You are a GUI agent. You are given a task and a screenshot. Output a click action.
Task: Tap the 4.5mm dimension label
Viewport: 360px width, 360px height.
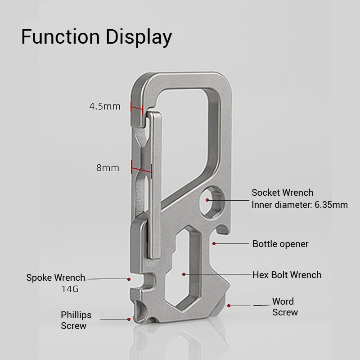click(x=105, y=107)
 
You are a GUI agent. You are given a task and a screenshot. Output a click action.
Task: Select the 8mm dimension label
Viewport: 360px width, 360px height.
click(x=108, y=168)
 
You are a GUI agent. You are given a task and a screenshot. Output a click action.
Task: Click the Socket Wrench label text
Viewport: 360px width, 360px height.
click(x=282, y=193)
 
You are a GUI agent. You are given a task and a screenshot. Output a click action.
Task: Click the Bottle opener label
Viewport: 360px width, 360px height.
click(x=280, y=244)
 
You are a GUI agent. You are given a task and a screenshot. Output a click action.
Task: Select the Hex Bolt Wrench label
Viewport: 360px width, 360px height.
click(x=287, y=274)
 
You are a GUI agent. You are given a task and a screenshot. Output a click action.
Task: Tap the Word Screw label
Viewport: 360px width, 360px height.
click(x=284, y=306)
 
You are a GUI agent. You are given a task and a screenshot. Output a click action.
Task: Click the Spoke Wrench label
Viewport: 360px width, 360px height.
click(x=55, y=278)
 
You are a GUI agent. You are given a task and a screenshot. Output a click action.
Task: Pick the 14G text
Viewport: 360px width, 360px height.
click(x=70, y=289)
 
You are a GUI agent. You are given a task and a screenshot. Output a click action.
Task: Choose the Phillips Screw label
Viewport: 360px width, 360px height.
click(x=76, y=320)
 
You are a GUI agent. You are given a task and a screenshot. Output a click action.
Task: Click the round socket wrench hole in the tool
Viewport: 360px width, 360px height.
click(x=210, y=199)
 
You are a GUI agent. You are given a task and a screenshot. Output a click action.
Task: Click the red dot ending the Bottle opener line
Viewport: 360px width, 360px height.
click(x=215, y=244)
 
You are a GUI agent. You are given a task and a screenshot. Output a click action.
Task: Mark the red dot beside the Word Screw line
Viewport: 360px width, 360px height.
click(x=229, y=306)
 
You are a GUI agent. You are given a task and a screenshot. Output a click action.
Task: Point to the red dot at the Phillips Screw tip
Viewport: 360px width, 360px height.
click(x=130, y=319)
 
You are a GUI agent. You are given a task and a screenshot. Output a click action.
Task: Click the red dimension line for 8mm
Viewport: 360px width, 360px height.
click(x=141, y=168)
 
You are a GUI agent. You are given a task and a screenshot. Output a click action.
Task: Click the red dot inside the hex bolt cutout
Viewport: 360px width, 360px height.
click(x=184, y=274)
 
